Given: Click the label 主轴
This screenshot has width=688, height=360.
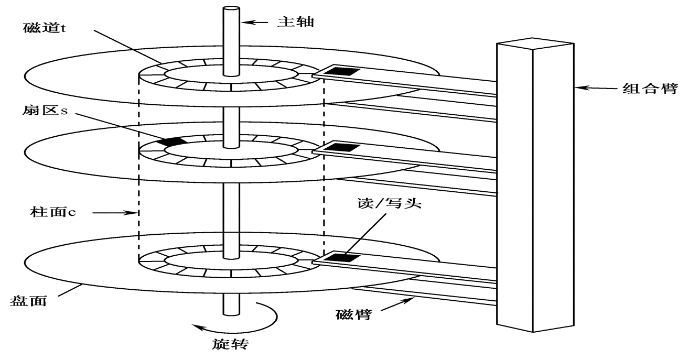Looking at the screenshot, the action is [x=295, y=22].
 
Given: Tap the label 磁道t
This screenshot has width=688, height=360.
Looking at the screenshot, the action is [x=45, y=28].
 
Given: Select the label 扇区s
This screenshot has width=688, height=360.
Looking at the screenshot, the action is [x=45, y=110].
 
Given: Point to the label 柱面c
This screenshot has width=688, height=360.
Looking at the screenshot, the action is [x=53, y=212].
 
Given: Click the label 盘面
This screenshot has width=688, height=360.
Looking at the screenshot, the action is [x=28, y=301].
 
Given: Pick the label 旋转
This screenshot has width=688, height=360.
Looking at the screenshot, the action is [x=230, y=344].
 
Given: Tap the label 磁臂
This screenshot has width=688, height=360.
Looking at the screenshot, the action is [x=353, y=314].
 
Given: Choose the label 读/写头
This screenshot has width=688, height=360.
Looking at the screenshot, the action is [x=389, y=203].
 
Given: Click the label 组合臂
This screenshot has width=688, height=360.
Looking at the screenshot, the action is [x=650, y=89].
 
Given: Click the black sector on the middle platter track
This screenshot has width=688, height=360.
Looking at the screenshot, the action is [x=172, y=141].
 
